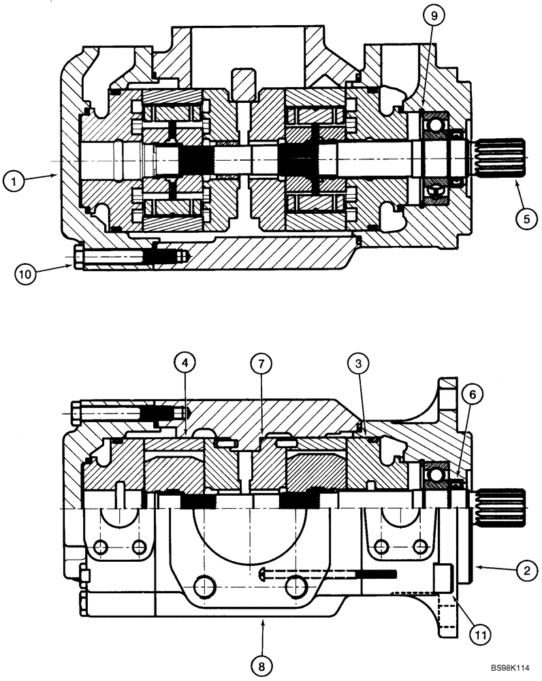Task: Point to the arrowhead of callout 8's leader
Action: [262, 620]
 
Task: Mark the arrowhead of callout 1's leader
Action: [59, 176]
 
